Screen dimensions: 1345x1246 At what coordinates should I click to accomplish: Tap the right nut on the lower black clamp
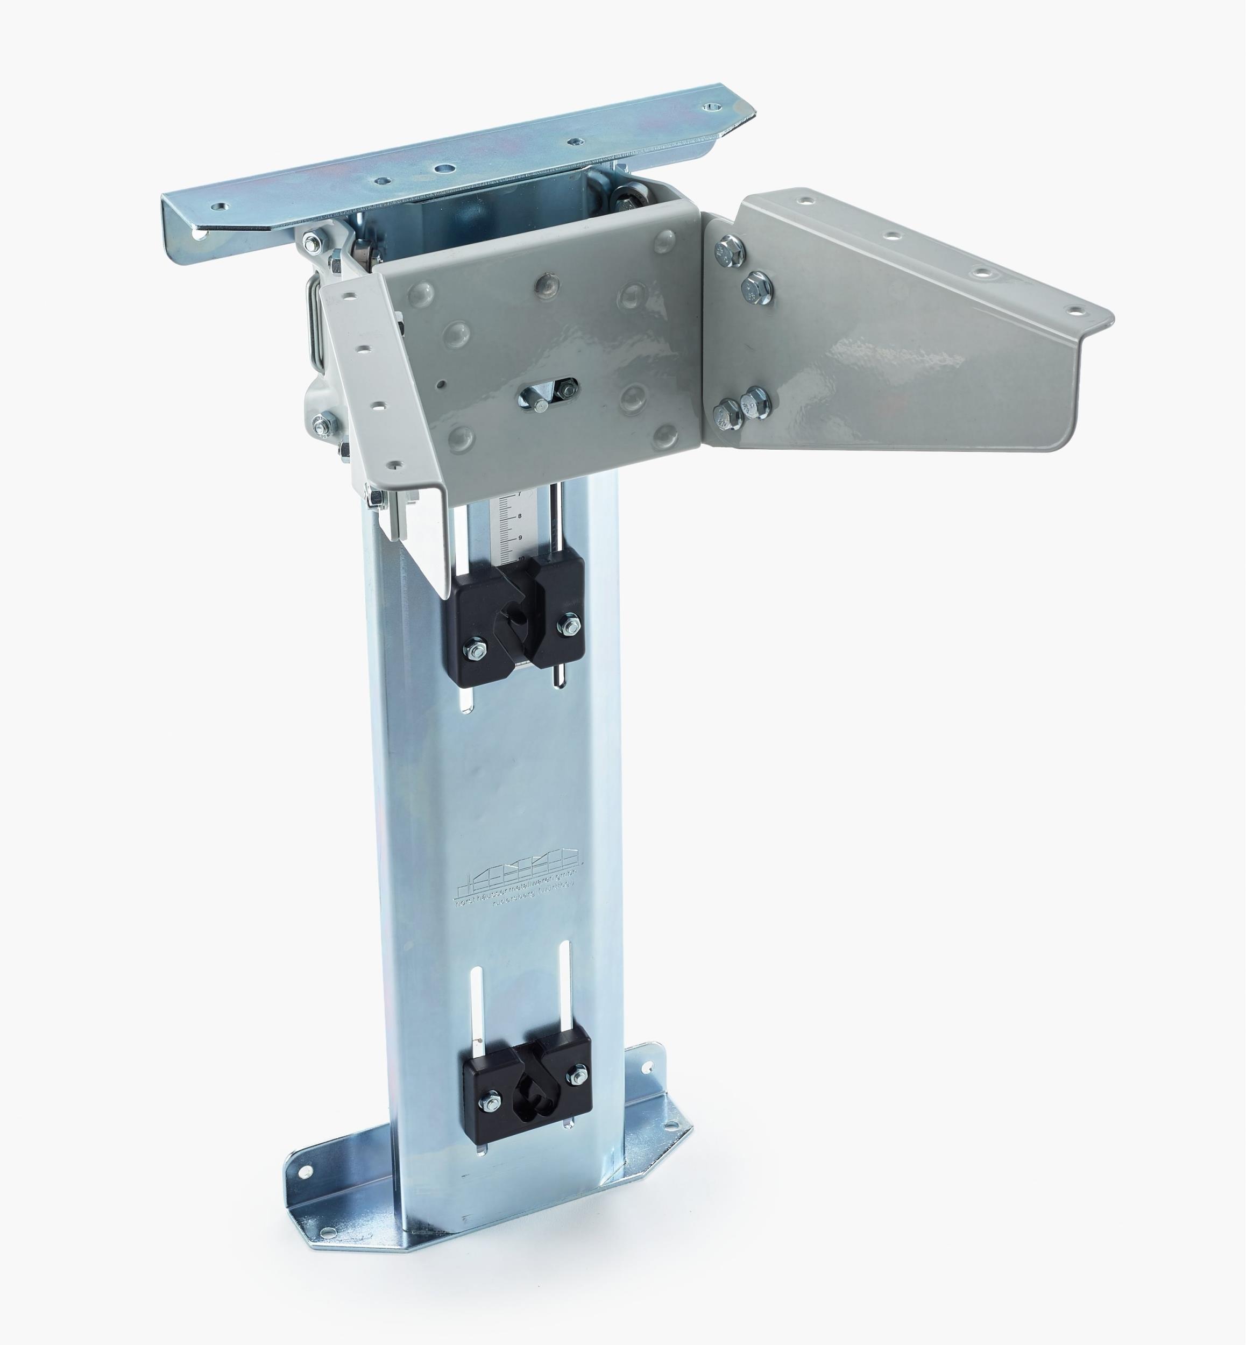point(577,1073)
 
